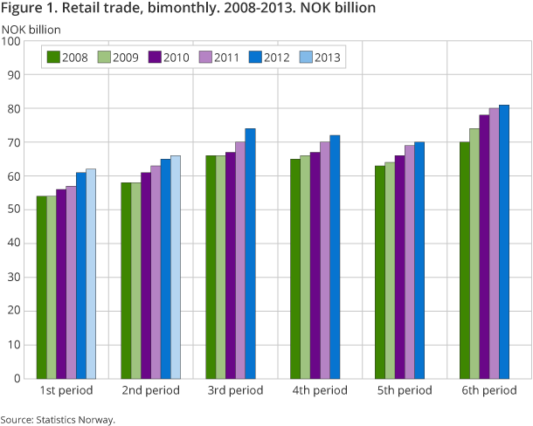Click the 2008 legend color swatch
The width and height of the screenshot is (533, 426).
click(54, 58)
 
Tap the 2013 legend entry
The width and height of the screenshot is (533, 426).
click(318, 58)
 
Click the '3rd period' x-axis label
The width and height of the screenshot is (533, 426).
click(236, 390)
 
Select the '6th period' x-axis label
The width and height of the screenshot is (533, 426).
click(489, 390)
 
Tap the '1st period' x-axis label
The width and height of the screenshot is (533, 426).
click(66, 390)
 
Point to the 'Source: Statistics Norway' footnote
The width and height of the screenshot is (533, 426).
click(58, 420)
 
